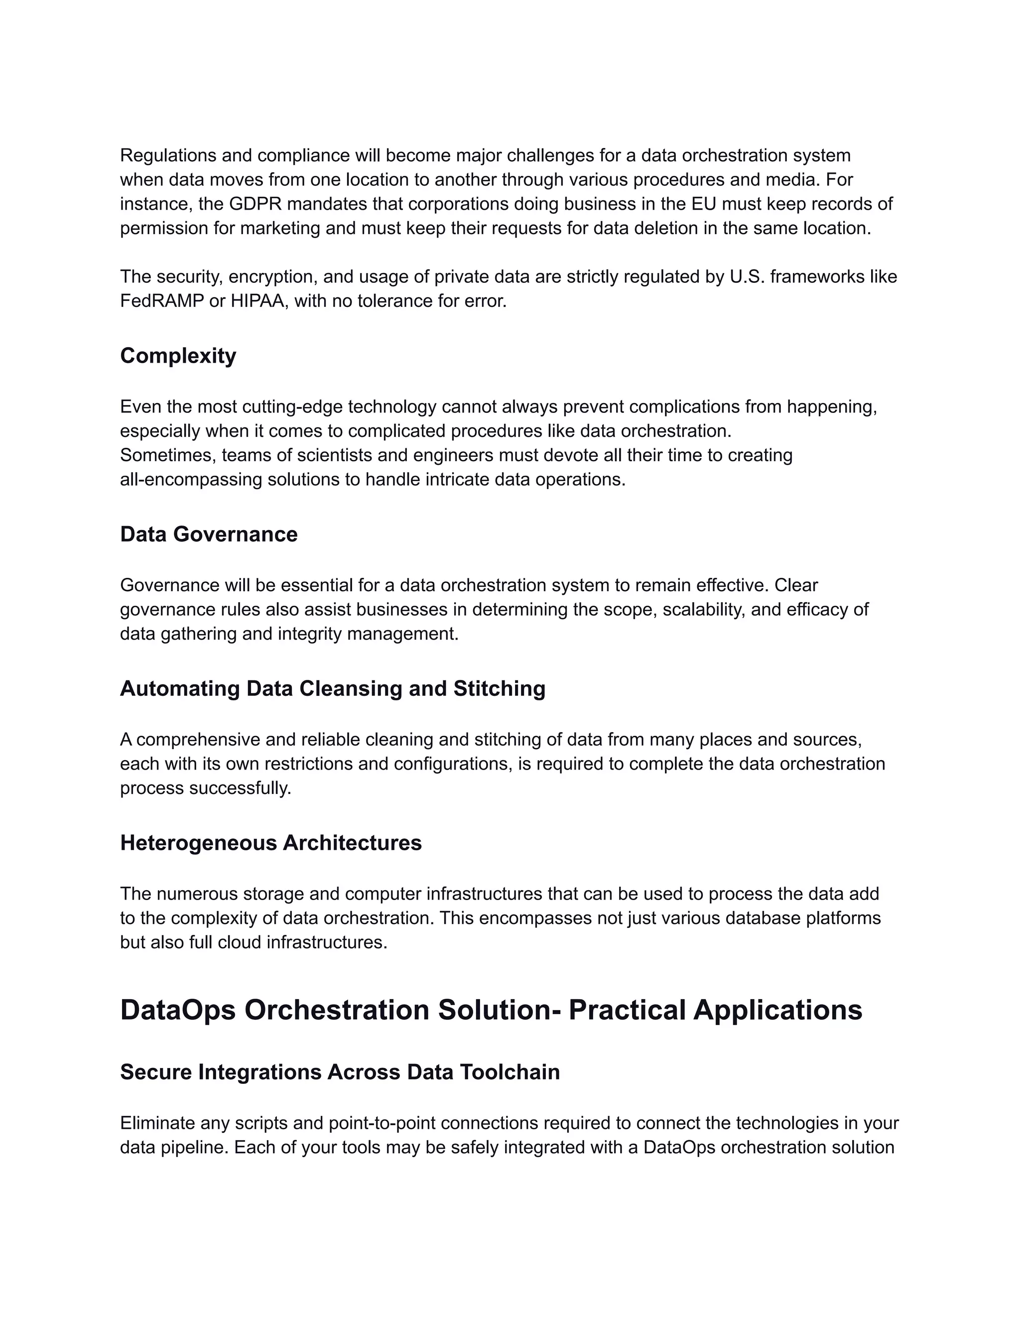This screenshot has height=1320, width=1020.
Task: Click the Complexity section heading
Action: click(x=178, y=356)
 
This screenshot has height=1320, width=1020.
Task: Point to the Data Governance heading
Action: click(x=209, y=534)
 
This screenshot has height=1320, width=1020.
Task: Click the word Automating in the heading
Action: click(x=179, y=688)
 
